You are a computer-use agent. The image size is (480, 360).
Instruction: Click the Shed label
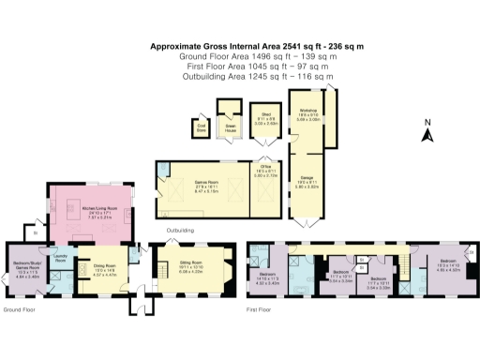267,119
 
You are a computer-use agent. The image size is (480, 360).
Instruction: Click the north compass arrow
425,132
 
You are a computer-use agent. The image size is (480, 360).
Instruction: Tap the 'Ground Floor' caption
21,307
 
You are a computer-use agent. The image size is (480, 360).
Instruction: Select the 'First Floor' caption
259,307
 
